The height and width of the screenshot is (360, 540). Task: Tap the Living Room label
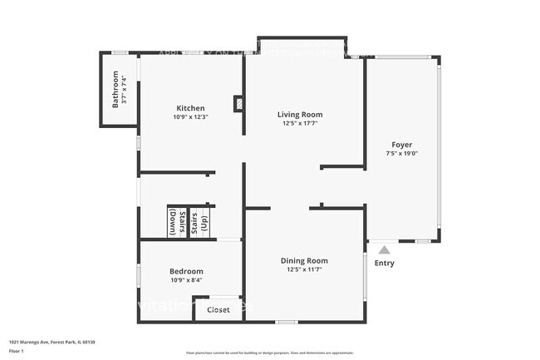click(300, 114)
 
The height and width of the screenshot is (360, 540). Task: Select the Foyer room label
click(401, 144)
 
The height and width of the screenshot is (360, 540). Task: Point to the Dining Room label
click(304, 260)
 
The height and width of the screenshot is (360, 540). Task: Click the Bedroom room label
click(186, 271)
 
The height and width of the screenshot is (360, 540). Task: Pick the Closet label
click(218, 310)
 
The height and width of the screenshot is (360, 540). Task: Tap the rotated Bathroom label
click(116, 91)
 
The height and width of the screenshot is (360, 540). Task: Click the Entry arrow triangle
click(384, 249)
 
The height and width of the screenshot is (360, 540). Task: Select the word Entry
click(384, 264)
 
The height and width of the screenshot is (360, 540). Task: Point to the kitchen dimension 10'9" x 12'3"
click(190, 117)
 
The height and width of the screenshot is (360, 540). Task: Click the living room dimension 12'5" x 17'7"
click(300, 124)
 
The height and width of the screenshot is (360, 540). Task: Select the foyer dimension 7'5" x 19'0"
click(401, 153)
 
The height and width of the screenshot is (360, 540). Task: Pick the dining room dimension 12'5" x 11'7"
click(304, 269)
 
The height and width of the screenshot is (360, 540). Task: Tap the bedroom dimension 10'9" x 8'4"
click(186, 280)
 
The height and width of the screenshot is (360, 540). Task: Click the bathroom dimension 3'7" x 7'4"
click(125, 91)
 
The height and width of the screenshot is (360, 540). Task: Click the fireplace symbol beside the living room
click(238, 105)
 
